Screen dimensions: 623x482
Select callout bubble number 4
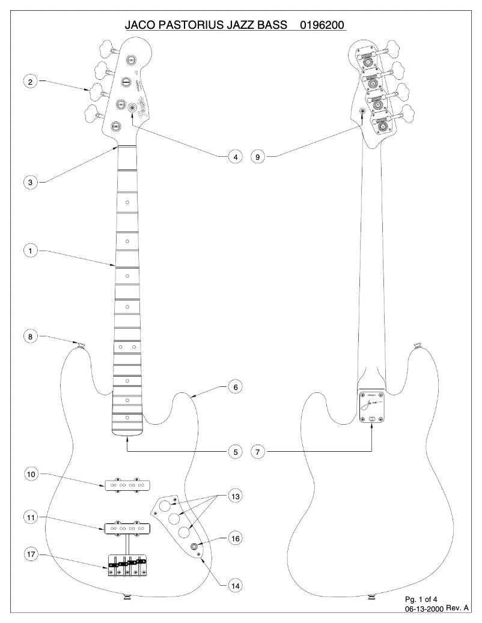click(x=236, y=157)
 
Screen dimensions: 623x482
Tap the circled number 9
click(x=257, y=157)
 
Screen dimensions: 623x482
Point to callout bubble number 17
click(x=30, y=555)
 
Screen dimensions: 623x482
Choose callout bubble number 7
click(x=257, y=451)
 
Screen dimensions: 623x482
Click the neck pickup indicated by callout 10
click(x=129, y=484)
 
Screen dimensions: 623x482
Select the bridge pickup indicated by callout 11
click(x=129, y=529)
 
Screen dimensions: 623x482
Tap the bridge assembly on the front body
click(x=126, y=565)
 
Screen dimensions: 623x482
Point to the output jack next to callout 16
click(x=196, y=546)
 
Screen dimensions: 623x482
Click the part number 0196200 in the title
click(x=322, y=26)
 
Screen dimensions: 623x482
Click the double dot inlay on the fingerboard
click(x=126, y=347)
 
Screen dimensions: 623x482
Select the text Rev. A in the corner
click(x=457, y=609)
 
